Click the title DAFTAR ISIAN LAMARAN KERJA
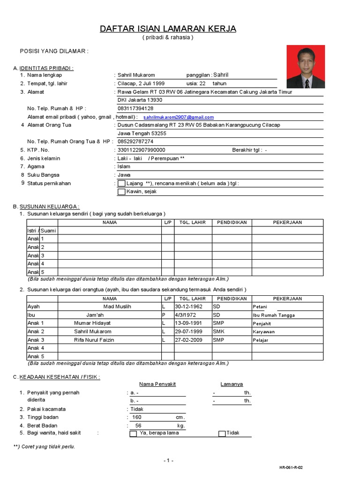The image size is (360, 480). tap(168, 29)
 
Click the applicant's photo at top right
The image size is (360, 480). tap(305, 67)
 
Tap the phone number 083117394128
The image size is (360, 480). tap(135, 108)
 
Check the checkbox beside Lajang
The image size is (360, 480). tap(121, 183)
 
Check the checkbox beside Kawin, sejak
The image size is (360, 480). tap(121, 192)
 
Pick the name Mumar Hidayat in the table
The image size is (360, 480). tap(92, 323)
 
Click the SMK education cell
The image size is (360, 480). tap(219, 331)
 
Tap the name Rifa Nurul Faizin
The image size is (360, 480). tap(94, 340)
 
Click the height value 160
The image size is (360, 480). tap(136, 417)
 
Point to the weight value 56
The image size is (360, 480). tap(138, 426)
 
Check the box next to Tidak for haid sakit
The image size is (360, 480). tap(222, 434)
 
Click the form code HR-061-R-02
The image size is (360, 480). tap(294, 467)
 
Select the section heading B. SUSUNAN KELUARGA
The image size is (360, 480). tap(46, 207)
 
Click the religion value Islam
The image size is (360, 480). tap(124, 166)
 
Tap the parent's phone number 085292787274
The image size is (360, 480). tap(135, 141)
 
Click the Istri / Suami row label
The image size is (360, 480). tap(42, 230)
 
